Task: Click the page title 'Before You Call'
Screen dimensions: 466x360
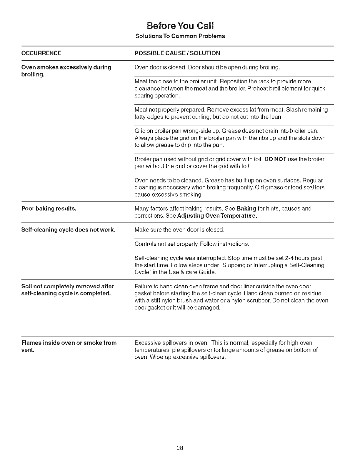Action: click(180, 26)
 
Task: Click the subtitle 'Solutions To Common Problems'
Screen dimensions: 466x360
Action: click(180, 36)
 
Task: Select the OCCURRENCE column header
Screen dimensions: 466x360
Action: click(41, 53)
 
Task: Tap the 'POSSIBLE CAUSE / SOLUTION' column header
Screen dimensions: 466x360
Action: click(177, 53)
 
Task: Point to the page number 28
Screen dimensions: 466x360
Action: click(180, 448)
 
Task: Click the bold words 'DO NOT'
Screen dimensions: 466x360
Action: click(275, 159)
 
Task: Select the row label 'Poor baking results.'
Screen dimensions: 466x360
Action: click(49, 209)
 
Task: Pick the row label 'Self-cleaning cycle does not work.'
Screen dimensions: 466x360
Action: click(68, 229)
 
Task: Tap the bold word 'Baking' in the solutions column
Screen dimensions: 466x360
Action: click(246, 209)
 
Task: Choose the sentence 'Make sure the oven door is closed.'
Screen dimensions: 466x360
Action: click(179, 229)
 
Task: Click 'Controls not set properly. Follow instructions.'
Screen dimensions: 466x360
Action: click(192, 244)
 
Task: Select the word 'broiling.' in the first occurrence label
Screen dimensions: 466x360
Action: click(33, 74)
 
